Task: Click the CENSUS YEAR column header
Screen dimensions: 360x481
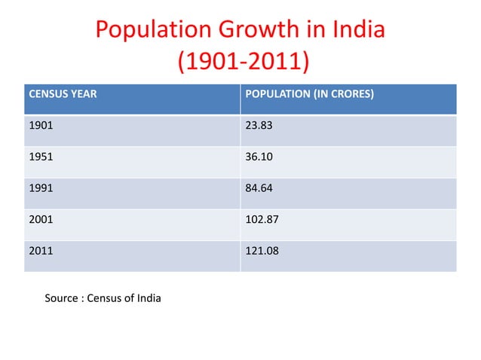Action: point(63,95)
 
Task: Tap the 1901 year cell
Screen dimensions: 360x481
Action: point(40,127)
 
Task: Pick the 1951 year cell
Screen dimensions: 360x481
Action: point(40,158)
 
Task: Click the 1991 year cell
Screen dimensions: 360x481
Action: point(40,190)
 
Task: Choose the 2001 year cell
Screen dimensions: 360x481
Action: point(40,221)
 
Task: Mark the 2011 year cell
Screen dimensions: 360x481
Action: point(40,253)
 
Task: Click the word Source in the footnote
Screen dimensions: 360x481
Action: point(62,298)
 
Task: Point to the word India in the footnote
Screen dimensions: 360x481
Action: point(148,298)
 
